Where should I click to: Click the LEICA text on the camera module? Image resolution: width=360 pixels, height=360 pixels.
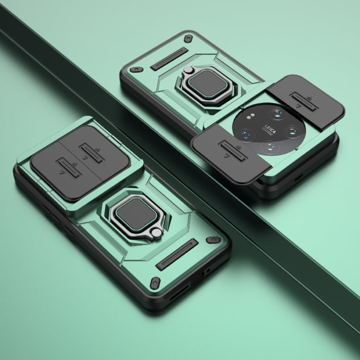268,129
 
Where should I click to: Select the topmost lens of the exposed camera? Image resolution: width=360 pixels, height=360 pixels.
276,114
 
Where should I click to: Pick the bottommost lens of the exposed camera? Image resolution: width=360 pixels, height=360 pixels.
270,147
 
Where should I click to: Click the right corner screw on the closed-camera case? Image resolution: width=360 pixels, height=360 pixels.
210,239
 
